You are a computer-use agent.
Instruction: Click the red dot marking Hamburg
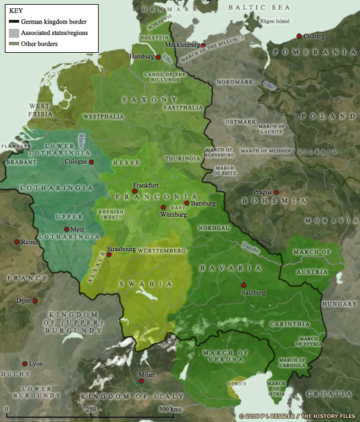tap(158, 57)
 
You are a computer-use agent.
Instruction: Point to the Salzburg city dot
tap(243, 284)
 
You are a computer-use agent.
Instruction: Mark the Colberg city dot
tap(299, 36)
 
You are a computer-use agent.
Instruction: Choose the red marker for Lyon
tap(25, 364)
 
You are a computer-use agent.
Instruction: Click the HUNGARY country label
tap(339, 303)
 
